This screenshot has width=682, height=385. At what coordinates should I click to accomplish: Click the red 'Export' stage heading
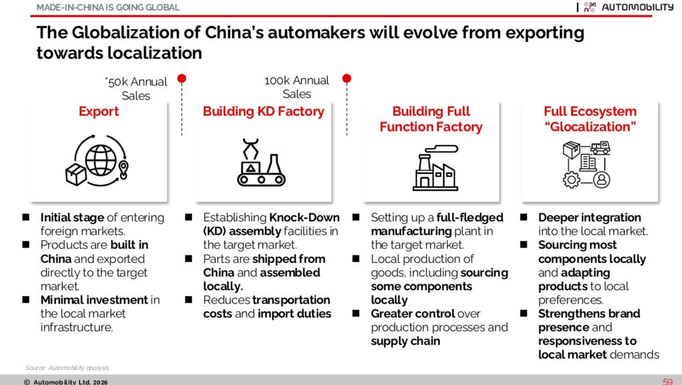(99, 111)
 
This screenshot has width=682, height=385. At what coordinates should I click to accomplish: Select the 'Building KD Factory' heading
(264, 111)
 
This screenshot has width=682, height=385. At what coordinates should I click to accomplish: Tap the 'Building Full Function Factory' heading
(431, 119)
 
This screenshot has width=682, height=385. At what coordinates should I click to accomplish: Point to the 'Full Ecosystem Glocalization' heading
(590, 119)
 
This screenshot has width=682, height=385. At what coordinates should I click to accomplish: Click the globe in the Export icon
(101, 160)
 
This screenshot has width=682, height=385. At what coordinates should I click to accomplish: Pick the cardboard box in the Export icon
(76, 174)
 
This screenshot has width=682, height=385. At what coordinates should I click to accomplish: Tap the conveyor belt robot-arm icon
(261, 162)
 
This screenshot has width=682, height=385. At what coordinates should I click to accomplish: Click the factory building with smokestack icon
(435, 168)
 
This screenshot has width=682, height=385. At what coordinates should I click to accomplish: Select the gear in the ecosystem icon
(571, 179)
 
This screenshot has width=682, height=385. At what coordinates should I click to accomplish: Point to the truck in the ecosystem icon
(600, 147)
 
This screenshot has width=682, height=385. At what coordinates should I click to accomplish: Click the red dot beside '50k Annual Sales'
(182, 78)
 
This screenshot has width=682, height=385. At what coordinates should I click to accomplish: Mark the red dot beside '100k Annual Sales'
(346, 78)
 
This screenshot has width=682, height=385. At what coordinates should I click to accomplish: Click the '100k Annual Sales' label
(296, 87)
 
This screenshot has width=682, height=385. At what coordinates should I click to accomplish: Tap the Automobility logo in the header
(628, 7)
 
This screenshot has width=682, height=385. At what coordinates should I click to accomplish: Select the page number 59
(667, 382)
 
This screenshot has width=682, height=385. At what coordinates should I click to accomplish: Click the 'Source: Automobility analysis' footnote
(67, 368)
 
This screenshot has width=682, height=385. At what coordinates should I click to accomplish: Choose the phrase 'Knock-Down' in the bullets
(304, 218)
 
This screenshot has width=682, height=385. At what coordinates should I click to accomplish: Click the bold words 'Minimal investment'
(94, 300)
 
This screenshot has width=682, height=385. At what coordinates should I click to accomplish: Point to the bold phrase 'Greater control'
(413, 314)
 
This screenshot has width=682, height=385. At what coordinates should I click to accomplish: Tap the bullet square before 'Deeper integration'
(523, 217)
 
